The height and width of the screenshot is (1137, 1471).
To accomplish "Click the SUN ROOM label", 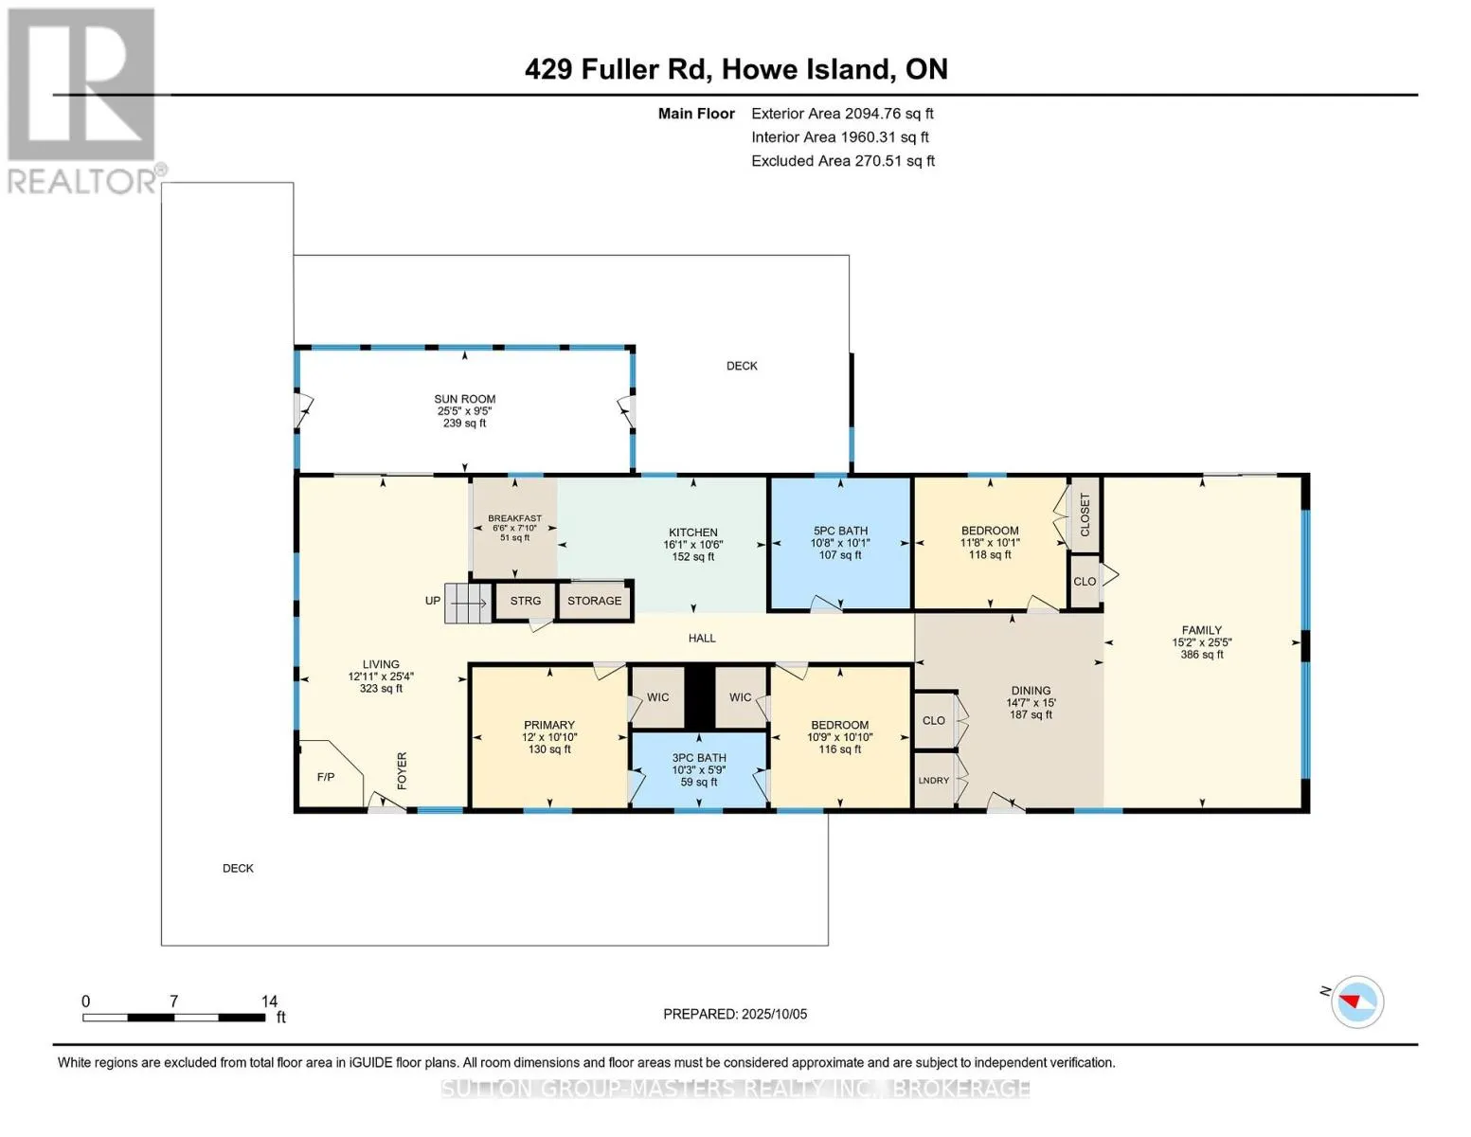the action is tap(464, 399).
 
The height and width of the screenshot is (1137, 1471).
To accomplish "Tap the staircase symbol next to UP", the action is tap(467, 603).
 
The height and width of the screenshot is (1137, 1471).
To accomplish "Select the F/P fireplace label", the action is tap(326, 777).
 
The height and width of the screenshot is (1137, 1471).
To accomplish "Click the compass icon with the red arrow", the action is tap(1356, 1002).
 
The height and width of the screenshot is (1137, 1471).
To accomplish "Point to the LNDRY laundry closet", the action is tap(934, 780).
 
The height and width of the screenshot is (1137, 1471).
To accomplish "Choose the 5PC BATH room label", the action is tap(841, 531).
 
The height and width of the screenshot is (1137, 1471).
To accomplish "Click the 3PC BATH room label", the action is tap(699, 758).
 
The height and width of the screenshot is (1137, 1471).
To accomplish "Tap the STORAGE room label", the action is tap(594, 601).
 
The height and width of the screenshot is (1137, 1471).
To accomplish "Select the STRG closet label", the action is tap(526, 601).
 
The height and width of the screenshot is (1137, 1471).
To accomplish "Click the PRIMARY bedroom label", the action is tap(549, 725).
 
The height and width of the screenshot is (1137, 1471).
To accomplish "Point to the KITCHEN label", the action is tap(693, 532).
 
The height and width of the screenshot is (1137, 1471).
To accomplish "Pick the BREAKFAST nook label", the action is tap(514, 518).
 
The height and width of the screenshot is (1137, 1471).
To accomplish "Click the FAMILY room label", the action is tap(1202, 630).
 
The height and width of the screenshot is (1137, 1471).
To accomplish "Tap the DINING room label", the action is tap(1031, 691).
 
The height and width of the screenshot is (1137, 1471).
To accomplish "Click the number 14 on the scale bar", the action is tap(269, 1001).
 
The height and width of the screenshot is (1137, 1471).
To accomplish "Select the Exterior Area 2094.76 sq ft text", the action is tap(842, 114).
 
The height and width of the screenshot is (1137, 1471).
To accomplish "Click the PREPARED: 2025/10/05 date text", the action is tap(735, 1014).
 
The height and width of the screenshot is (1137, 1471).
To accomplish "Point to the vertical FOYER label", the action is tap(403, 770).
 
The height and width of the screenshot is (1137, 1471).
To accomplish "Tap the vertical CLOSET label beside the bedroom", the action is tap(1085, 514).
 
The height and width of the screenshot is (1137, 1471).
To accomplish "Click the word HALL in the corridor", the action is tap(702, 638).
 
